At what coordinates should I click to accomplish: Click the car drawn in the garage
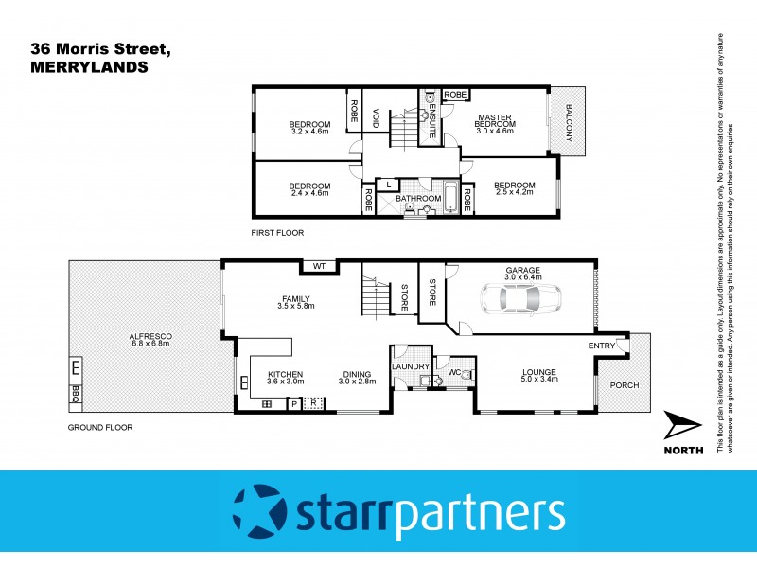[x=519, y=298]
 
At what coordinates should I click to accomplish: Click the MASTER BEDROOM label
[x=493, y=121]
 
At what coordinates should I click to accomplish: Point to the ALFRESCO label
[x=148, y=335]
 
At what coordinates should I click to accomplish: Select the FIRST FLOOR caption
[x=277, y=232]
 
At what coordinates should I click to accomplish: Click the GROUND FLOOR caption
[x=99, y=427]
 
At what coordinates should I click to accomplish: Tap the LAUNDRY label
[x=411, y=366]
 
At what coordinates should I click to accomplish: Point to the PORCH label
[x=624, y=385]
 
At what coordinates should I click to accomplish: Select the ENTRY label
[x=602, y=346]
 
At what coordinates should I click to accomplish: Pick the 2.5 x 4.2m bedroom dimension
[x=515, y=192]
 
